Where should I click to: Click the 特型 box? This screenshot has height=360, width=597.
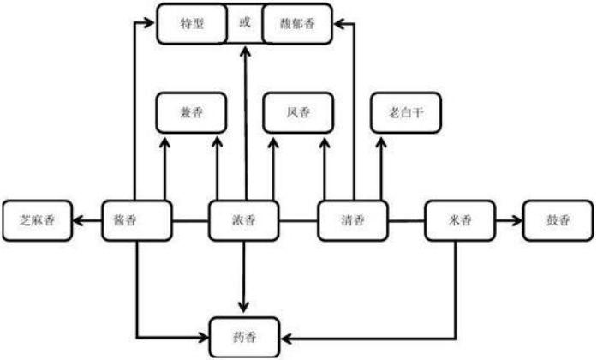[192, 25]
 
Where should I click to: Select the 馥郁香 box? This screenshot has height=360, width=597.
[297, 25]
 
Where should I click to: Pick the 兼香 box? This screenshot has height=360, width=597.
[190, 111]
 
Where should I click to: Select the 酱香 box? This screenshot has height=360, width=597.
[137, 220]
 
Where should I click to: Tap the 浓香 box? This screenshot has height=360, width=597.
[245, 220]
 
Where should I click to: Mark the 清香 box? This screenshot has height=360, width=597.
[353, 220]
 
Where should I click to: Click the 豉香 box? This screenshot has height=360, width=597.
[558, 220]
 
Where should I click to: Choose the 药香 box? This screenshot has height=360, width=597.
[245, 336]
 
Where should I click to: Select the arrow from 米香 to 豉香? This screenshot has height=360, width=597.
[510, 220]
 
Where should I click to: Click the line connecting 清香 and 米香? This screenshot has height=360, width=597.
[407, 220]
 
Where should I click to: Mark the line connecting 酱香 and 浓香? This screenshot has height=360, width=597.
[191, 220]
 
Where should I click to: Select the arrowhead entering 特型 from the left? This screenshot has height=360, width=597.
[151, 25]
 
